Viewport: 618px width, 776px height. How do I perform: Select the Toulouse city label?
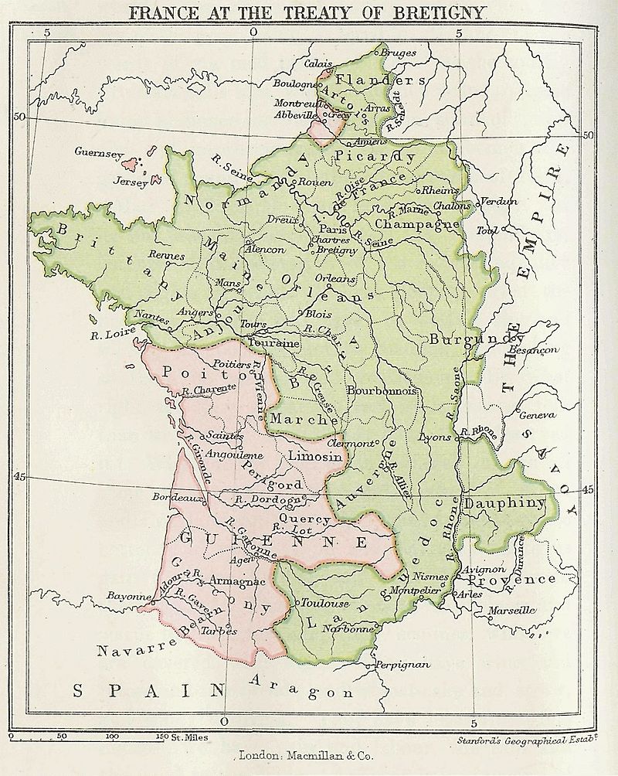pos(324,603)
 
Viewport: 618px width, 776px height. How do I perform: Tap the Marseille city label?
pos(511,610)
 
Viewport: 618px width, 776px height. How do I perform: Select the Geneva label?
pos(537,416)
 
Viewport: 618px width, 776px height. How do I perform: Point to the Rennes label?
pos(167,256)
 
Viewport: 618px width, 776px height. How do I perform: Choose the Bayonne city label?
pos(128,597)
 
